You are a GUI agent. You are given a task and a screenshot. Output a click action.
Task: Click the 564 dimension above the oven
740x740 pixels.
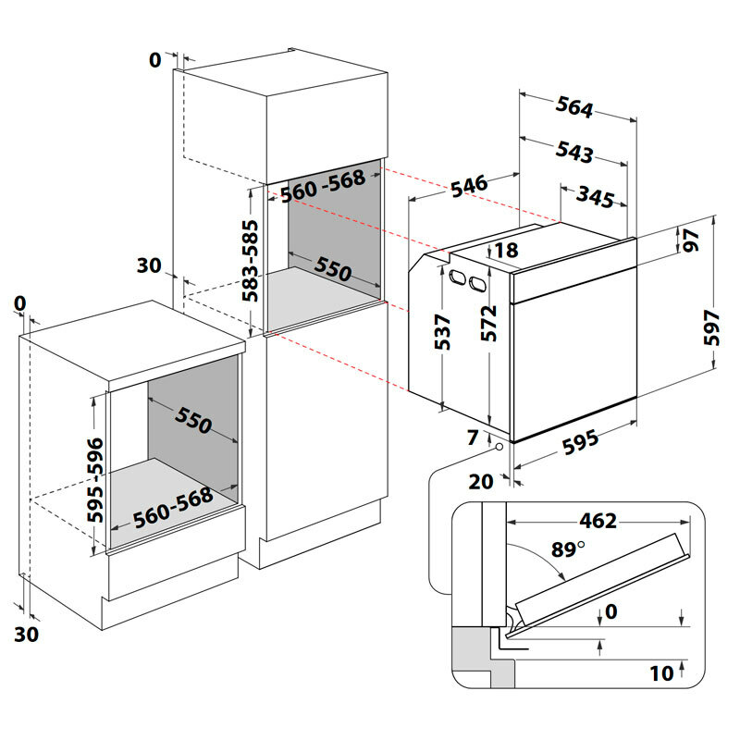click(574, 107)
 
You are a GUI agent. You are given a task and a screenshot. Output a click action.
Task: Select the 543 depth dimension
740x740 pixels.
click(575, 152)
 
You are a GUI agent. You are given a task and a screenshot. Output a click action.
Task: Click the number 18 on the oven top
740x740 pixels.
click(506, 250)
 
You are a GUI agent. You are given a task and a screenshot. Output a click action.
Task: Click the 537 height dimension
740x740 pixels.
click(443, 331)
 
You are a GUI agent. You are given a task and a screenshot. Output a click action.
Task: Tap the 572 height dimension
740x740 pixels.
click(490, 324)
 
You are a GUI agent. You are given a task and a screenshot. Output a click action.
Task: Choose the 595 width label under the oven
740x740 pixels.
click(581, 443)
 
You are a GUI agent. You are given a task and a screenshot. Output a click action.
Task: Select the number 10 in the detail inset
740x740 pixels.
click(660, 673)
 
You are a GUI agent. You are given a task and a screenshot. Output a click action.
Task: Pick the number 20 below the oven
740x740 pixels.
click(480, 481)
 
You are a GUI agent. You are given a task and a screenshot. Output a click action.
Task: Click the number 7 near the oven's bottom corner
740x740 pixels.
click(474, 437)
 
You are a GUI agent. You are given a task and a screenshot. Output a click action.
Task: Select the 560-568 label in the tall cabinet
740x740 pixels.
click(323, 186)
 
